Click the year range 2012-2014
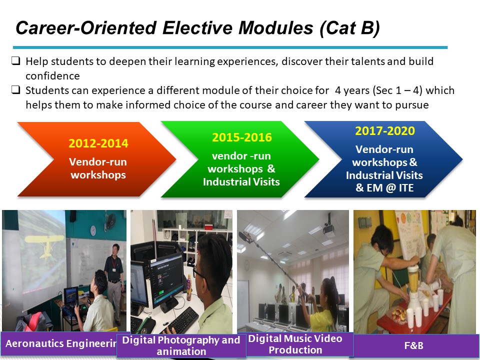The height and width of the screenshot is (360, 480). [x=98, y=143]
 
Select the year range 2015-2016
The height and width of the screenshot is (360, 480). [x=242, y=137]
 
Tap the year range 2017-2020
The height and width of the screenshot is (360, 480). [x=385, y=130]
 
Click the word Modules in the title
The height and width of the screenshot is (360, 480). [x=276, y=28]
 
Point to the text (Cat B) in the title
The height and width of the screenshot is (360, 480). [x=349, y=28]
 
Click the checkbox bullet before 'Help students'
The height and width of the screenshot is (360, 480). [x=16, y=60]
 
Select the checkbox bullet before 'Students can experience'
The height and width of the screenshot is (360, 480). [x=16, y=89]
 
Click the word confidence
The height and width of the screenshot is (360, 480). [x=52, y=76]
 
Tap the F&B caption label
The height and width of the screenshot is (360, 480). [x=413, y=345]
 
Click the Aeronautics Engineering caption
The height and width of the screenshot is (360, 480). [x=61, y=343]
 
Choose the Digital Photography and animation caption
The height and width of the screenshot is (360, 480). [x=181, y=345]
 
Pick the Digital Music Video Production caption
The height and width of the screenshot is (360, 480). [x=295, y=344]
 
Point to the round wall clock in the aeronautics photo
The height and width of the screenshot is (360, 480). [x=93, y=230]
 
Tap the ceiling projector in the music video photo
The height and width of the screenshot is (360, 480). [x=328, y=228]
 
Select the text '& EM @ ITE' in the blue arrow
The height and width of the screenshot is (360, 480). [x=384, y=187]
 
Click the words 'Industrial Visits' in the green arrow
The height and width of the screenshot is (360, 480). [x=241, y=182]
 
